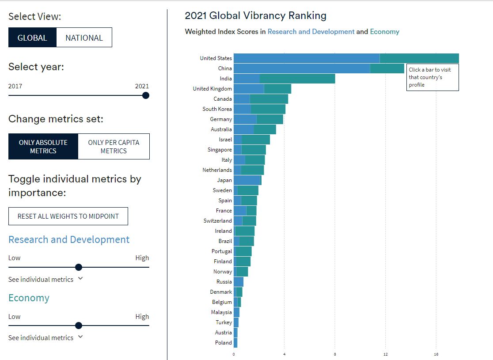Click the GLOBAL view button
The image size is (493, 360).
[32, 38]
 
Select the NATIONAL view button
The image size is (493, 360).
[84, 38]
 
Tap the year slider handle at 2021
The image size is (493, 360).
[146, 95]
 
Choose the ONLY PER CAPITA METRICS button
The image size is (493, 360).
[114, 146]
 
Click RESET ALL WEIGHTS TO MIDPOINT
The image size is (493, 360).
[68, 216]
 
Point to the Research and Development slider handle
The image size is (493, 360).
[79, 267]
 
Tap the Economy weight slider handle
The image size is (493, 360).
[79, 326]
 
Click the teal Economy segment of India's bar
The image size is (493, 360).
[297, 79]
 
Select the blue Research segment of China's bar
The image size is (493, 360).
[301, 68]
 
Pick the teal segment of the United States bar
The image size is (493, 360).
[419, 58]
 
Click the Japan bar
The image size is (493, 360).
[247, 180]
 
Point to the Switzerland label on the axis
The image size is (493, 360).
[217, 221]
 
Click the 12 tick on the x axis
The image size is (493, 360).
[386, 354]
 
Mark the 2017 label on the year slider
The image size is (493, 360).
[15, 86]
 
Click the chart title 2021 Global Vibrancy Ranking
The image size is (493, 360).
[255, 15]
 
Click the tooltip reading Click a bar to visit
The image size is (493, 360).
[432, 77]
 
